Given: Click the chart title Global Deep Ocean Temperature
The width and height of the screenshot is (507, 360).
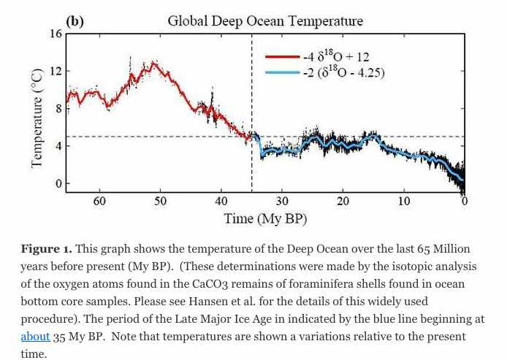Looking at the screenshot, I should [265, 21].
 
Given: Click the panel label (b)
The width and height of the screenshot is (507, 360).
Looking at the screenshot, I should [75, 21].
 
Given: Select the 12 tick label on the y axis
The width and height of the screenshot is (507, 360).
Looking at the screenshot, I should [56, 72].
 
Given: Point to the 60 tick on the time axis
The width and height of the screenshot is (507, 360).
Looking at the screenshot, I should [99, 201].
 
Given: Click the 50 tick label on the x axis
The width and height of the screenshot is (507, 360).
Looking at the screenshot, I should [160, 201].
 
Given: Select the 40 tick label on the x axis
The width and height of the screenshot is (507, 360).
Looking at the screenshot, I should [221, 201].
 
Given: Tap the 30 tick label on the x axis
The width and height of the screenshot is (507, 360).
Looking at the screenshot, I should [282, 201].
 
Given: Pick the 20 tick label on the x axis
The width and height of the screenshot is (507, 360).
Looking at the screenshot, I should [343, 201].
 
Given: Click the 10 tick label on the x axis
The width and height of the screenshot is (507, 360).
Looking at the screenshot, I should [404, 201].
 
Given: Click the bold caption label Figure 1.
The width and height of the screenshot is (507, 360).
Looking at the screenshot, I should [47, 250].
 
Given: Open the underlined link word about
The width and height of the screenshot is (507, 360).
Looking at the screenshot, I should [35, 337].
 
